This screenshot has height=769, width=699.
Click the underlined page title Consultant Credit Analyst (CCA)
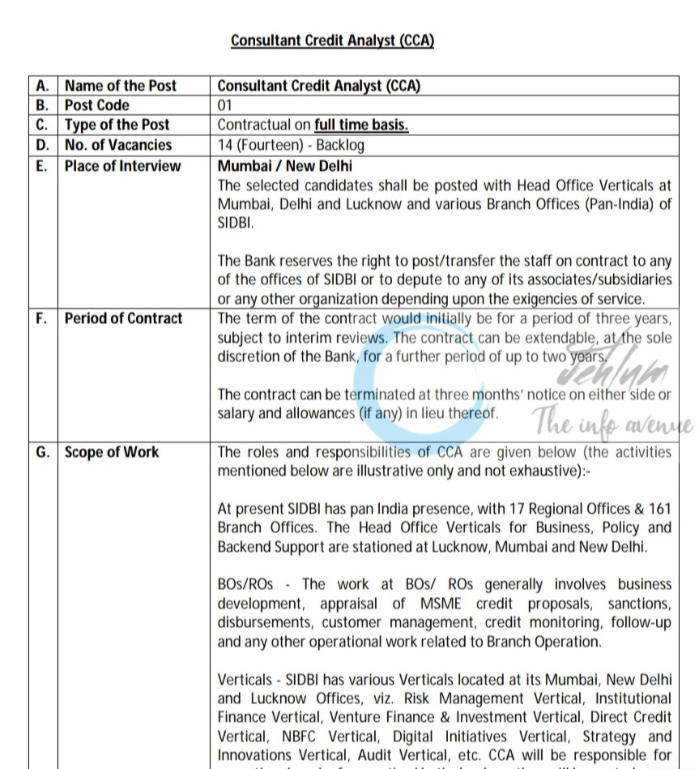point(332,41)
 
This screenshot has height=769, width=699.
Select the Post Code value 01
point(225,105)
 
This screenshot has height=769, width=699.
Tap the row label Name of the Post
point(121,86)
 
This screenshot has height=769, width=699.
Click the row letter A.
point(43,86)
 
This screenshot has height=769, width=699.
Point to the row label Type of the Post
point(117,125)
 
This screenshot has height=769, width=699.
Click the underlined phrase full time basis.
point(361,125)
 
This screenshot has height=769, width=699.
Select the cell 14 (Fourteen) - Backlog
point(292,145)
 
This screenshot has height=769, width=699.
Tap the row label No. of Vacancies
point(118,145)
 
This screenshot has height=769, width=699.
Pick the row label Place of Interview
point(123,165)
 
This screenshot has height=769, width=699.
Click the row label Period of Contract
point(124,318)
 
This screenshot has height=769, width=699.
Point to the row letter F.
point(42,318)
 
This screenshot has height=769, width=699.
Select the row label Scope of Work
point(112,452)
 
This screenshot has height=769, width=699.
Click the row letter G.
point(43,452)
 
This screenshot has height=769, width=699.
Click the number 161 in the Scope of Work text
point(659,509)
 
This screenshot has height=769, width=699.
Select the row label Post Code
point(97,105)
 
